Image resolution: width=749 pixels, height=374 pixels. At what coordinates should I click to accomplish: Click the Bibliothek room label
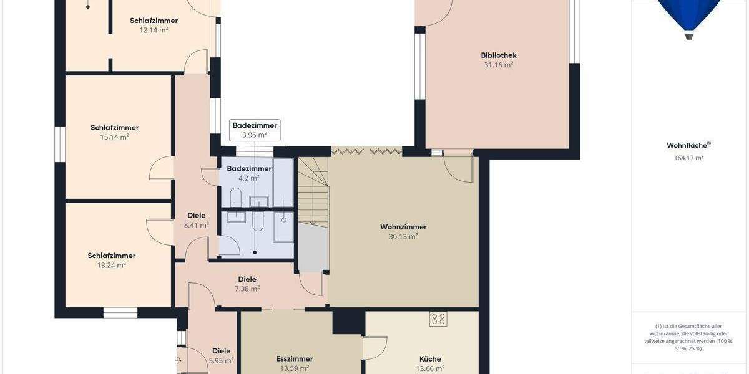[499, 55]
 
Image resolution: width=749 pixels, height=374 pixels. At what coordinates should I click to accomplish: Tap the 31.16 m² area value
[499, 65]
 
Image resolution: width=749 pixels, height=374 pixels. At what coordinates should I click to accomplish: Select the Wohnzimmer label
[403, 227]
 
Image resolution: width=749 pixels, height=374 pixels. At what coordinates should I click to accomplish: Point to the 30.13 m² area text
[403, 236]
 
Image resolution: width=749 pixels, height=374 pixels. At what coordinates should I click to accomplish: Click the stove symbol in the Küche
[438, 319]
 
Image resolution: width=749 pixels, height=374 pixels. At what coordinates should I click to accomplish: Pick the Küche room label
[430, 359]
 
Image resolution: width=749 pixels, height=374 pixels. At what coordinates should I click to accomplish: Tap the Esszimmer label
[294, 359]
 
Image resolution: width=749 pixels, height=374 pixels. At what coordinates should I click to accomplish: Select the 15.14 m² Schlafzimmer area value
[115, 137]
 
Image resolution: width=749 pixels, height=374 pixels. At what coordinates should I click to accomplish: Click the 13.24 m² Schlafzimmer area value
[112, 265]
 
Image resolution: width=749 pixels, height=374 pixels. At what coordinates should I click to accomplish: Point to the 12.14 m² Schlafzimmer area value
[154, 30]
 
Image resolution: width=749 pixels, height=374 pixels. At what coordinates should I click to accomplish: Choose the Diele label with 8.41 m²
[196, 216]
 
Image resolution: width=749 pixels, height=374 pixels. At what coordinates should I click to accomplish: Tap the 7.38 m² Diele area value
[247, 289]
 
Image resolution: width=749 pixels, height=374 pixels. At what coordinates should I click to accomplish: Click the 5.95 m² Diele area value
[222, 360]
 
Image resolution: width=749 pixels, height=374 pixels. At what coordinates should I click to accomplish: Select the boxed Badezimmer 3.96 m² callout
[255, 130]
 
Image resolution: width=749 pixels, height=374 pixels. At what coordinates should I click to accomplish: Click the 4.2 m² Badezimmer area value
[249, 178]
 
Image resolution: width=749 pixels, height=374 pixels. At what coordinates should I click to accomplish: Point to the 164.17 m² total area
[688, 158]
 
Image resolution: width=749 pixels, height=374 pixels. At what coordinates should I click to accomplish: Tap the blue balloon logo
[688, 16]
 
